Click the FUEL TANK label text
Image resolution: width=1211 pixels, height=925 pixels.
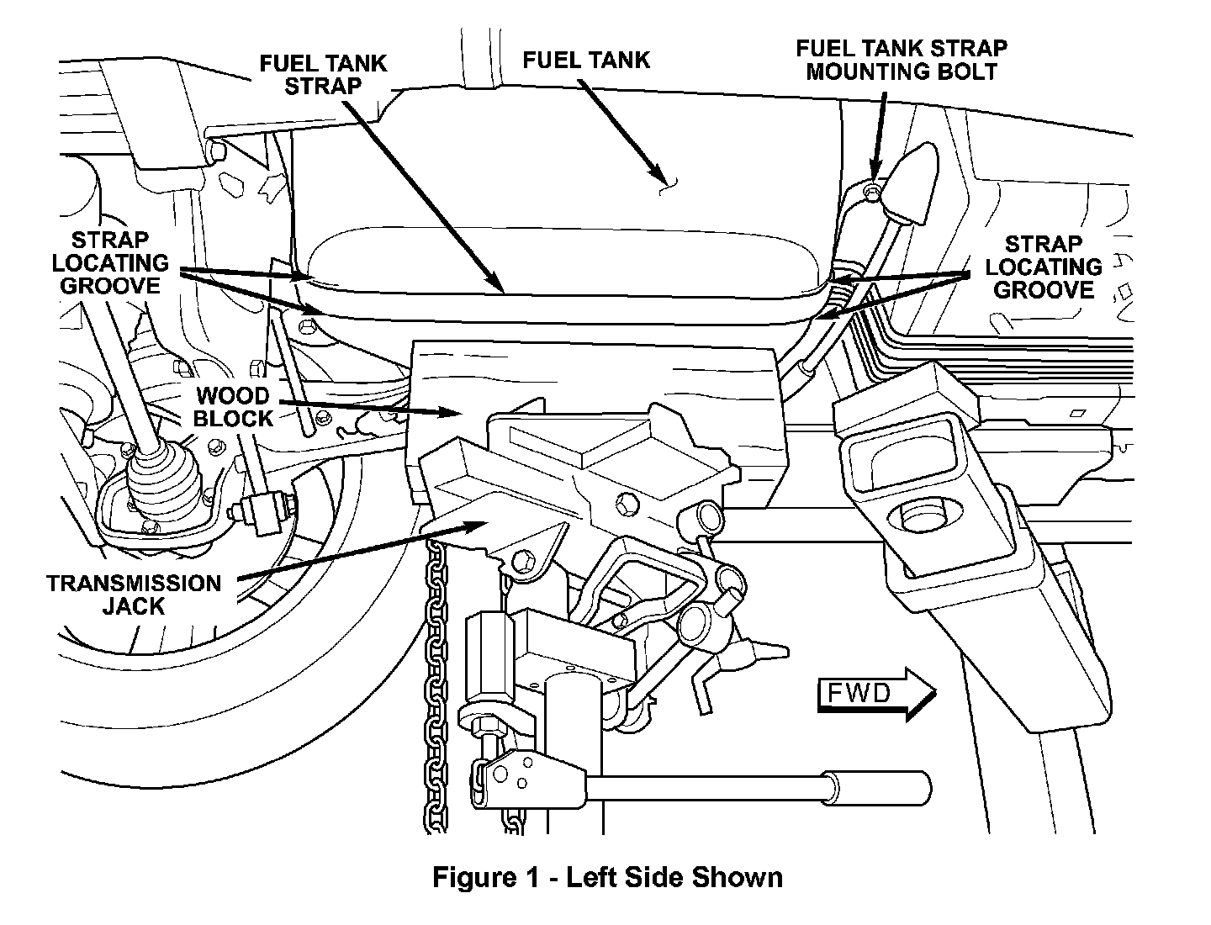click(x=586, y=60)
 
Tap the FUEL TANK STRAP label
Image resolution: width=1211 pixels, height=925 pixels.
click(x=323, y=75)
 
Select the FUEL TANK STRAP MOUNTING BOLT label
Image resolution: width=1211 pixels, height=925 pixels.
click(x=902, y=60)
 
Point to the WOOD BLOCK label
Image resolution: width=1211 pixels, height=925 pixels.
click(x=233, y=407)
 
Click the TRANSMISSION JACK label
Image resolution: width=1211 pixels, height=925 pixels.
click(x=134, y=595)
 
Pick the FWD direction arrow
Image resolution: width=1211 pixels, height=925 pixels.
click(x=876, y=694)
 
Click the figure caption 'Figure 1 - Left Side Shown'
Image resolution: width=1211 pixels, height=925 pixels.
click(x=607, y=877)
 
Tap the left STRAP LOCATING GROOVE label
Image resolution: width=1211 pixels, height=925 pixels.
click(x=110, y=263)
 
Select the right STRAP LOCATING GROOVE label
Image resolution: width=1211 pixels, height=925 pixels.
click(x=1044, y=267)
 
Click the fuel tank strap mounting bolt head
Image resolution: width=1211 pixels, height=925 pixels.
click(x=872, y=192)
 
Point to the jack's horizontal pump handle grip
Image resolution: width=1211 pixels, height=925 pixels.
click(x=877, y=788)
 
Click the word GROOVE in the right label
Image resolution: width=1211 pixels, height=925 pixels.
click(x=1044, y=290)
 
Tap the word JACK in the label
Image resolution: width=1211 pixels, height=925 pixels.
click(x=134, y=606)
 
